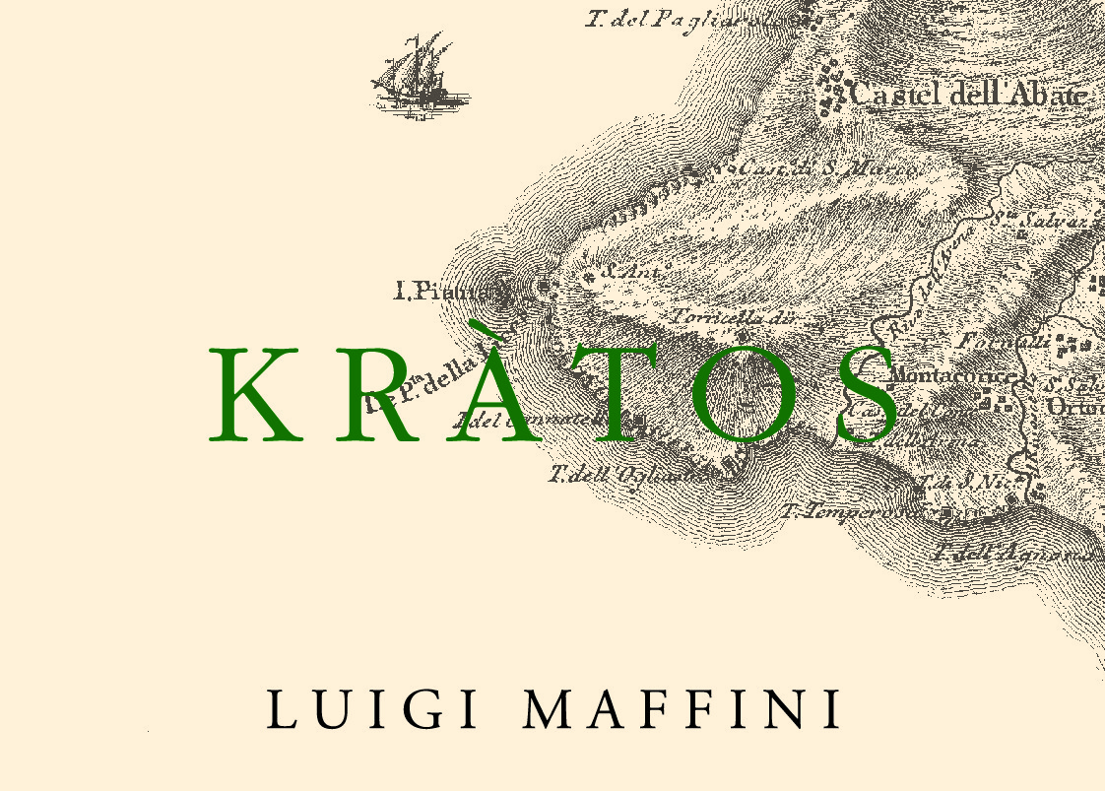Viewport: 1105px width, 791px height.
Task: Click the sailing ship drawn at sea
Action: coord(419,73)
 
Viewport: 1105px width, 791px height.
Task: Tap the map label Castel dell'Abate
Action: coord(968,95)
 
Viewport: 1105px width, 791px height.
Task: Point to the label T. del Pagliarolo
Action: coord(680,19)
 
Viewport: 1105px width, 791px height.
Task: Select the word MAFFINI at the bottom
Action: coord(681,709)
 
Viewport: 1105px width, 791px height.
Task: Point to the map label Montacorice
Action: coord(951,376)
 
